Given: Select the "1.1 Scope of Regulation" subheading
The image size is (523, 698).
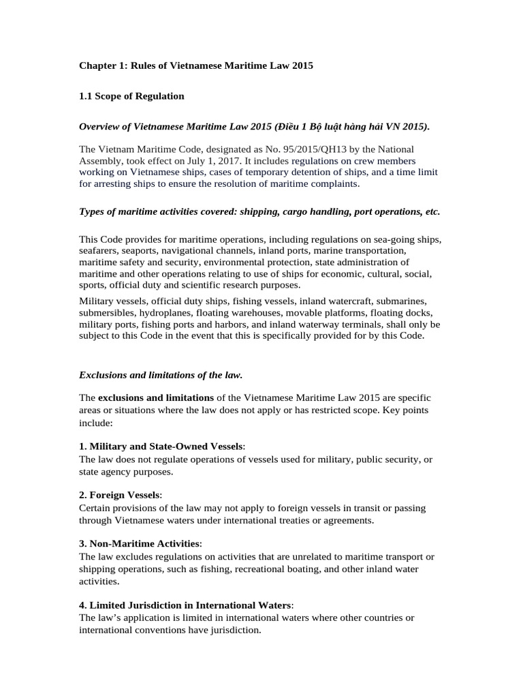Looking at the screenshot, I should [131, 96].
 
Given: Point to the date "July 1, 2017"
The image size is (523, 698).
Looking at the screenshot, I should [225, 160].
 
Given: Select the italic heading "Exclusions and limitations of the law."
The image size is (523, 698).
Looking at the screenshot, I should [161, 374].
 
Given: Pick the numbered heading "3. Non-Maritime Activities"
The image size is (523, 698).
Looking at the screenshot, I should [140, 543].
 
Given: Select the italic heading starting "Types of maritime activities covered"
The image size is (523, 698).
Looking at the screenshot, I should [259, 211].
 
